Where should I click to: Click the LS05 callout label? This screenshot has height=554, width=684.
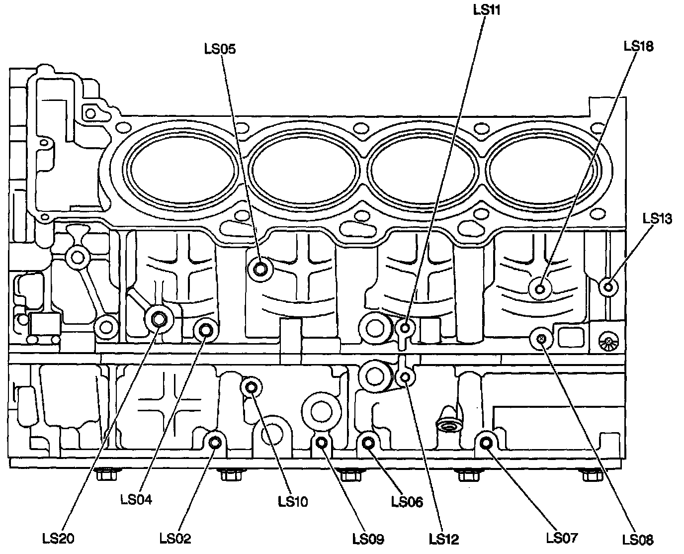click(x=219, y=49)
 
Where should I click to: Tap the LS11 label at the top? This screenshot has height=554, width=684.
click(x=486, y=10)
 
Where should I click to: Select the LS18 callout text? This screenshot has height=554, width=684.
click(x=638, y=46)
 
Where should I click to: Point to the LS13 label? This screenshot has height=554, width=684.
click(x=657, y=218)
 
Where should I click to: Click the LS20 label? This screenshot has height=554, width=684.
click(x=58, y=538)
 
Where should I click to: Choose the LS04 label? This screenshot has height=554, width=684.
click(x=136, y=499)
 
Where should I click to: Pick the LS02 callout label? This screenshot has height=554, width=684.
click(x=175, y=538)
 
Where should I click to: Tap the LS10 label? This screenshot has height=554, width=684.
click(x=292, y=502)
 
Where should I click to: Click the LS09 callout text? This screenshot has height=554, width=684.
click(x=368, y=539)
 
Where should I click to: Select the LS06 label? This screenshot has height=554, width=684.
click(x=407, y=502)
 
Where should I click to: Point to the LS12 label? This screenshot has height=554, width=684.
click(x=444, y=539)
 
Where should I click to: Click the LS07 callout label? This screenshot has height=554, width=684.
click(x=562, y=538)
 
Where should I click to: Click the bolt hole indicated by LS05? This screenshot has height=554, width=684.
click(x=260, y=270)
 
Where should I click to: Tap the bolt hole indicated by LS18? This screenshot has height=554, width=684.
click(x=540, y=288)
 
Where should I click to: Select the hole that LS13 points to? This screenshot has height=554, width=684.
click(x=607, y=286)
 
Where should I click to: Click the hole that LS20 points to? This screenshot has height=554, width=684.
click(x=159, y=318)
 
